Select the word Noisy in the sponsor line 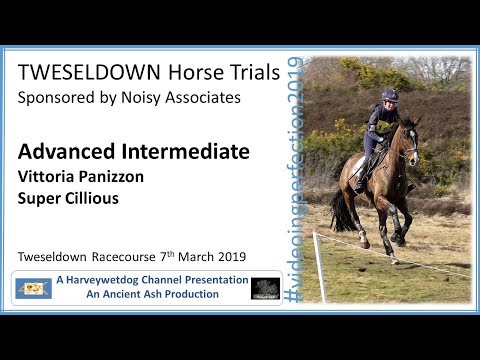[151, 98]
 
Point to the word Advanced [61, 152]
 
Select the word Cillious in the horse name [91, 198]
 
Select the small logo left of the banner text [33, 288]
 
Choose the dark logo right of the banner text [265, 288]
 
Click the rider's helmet [388, 95]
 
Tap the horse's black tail [343, 211]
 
